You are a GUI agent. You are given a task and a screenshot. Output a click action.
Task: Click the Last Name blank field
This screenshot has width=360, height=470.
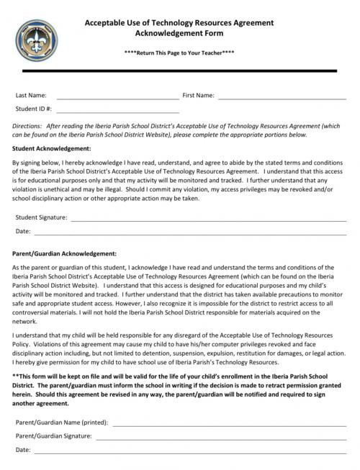(117, 95)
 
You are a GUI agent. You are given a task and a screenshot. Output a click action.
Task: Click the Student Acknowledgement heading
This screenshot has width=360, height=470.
(52, 148)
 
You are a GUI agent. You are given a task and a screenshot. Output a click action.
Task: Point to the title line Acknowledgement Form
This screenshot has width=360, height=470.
(179, 33)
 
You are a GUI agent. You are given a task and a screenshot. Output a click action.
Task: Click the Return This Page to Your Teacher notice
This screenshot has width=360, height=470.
(179, 53)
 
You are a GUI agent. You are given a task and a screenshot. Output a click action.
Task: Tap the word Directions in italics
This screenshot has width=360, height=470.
(27, 125)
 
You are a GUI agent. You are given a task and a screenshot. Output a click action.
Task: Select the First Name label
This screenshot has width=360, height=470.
(198, 95)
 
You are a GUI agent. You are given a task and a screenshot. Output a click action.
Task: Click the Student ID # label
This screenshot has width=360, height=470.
(33, 110)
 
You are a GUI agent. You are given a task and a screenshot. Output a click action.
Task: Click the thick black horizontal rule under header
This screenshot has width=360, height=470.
(179, 73)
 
